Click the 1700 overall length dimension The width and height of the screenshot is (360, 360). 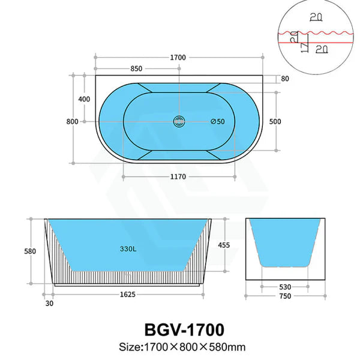point(178,58)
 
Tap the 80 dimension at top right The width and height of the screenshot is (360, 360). point(284,79)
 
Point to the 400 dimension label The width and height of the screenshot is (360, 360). point(85,99)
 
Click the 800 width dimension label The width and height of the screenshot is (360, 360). point(73,122)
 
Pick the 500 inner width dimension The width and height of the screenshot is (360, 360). point(275,122)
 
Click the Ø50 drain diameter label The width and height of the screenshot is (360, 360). point(217,122)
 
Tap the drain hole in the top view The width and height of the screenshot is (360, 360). point(178,121)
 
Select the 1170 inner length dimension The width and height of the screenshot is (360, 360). point(178,176)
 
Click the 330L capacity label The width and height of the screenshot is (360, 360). point(128,247)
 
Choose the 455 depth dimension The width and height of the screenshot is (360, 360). point(223,245)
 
